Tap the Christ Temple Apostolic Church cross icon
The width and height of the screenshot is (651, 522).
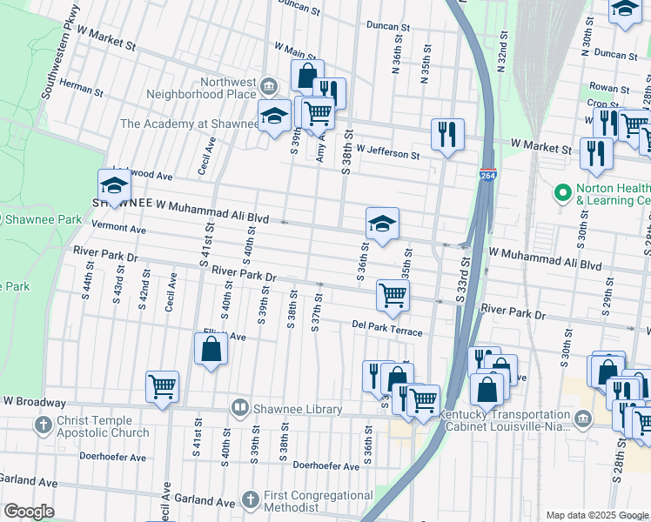tap(43, 425)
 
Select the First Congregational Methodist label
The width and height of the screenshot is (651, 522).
tap(320, 501)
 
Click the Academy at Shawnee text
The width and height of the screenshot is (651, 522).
tap(189, 124)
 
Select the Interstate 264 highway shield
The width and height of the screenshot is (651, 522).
tap(487, 175)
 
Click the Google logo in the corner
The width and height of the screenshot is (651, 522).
tap(28, 512)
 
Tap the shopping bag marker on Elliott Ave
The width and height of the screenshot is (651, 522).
tap(211, 349)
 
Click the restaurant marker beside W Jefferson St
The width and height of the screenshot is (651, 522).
tap(447, 134)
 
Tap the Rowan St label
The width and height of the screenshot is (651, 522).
tap(609, 88)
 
